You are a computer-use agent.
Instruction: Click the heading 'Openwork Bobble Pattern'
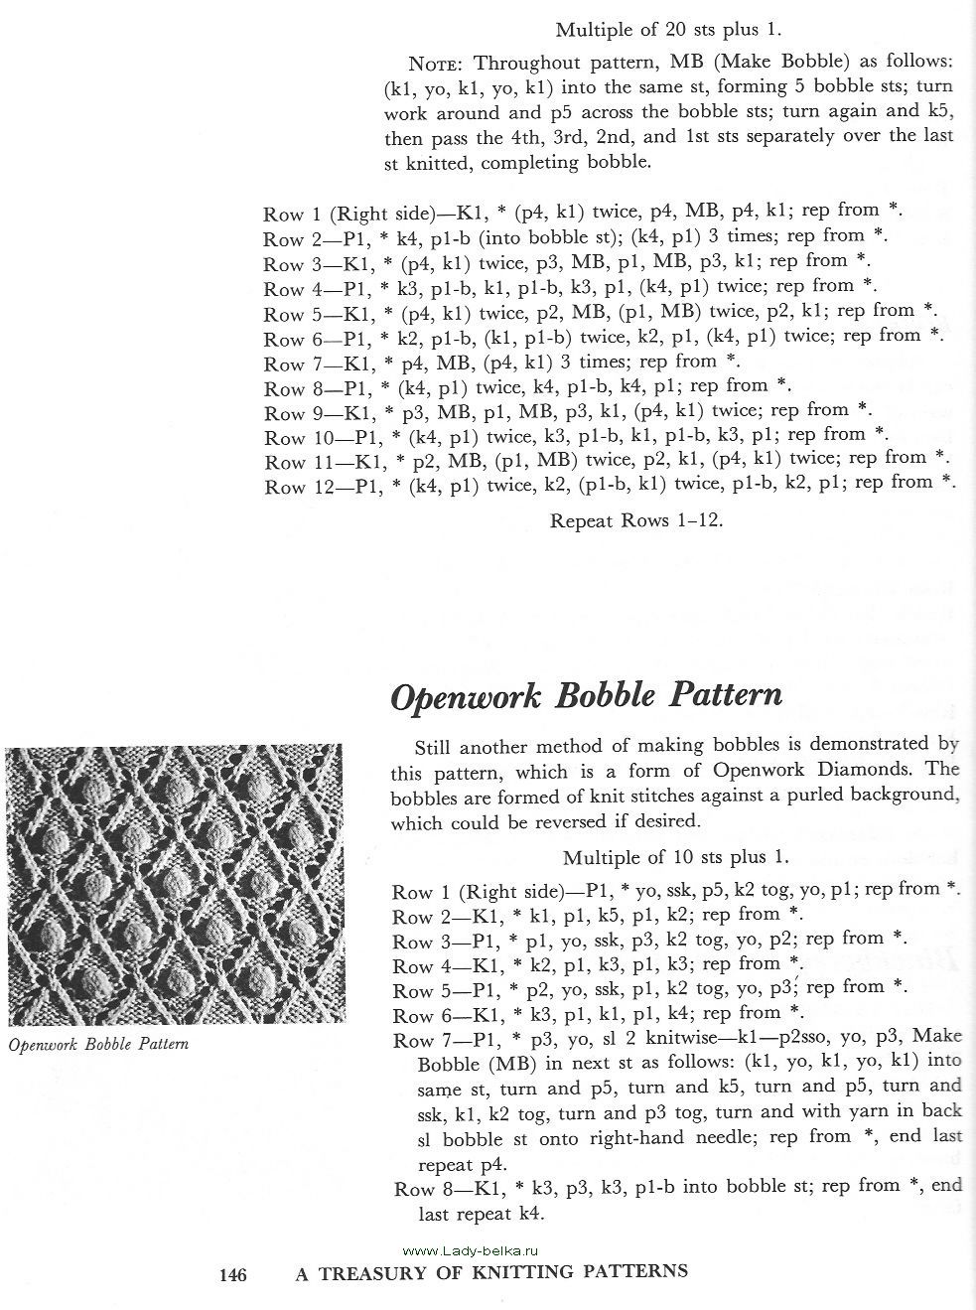coord(586,695)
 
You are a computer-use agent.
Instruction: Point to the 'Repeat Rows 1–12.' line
coord(636,520)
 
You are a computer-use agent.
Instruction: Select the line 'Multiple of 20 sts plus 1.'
coord(675,30)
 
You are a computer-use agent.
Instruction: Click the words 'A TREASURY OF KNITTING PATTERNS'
coord(491,1271)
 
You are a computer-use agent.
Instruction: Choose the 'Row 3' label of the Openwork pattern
coord(413,942)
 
